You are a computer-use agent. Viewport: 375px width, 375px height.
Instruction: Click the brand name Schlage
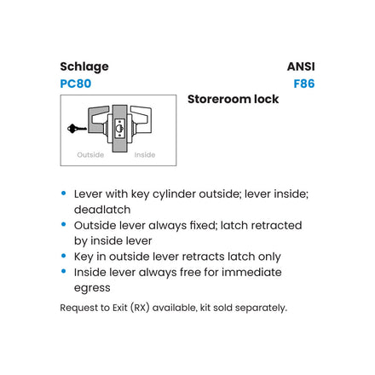click(84, 67)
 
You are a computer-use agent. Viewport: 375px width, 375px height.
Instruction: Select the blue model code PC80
click(76, 84)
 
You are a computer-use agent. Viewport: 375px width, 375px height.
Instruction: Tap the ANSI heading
click(301, 66)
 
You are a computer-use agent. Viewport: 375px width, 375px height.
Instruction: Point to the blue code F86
click(304, 84)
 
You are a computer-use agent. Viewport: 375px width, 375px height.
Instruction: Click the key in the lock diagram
click(77, 129)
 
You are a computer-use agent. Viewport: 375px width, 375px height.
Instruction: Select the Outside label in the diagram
click(90, 155)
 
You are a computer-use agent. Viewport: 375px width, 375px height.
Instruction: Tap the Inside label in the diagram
click(145, 155)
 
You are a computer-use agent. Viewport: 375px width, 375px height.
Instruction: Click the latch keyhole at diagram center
click(119, 129)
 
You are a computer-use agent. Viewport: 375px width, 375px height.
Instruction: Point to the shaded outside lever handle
click(97, 119)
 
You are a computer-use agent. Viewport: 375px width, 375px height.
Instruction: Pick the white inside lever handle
click(141, 118)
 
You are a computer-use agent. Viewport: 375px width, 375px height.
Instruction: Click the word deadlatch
click(102, 210)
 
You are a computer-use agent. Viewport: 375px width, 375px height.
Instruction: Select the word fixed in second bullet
click(204, 225)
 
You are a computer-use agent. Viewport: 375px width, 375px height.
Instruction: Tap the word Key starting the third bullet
click(84, 257)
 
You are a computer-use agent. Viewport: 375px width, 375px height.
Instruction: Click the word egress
click(92, 288)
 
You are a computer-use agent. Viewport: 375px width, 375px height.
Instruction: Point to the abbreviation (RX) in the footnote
click(140, 308)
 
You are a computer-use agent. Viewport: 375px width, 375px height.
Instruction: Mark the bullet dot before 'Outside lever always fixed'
click(64, 225)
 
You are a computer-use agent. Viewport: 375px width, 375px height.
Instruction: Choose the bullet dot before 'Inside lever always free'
click(64, 271)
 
